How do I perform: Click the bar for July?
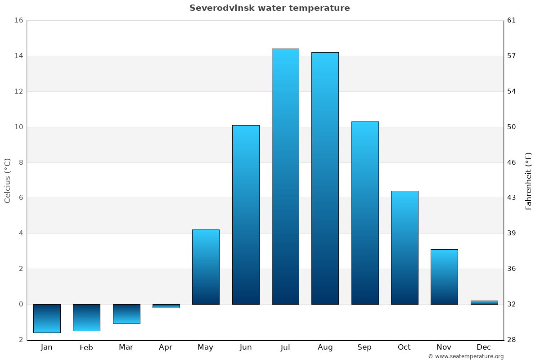pos(285,176)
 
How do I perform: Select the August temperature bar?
pos(325,178)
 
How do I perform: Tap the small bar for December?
pos(484,302)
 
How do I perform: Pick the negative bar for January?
pos(47,318)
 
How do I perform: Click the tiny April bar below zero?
pos(166,306)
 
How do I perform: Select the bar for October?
pos(405,247)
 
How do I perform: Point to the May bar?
pos(206,267)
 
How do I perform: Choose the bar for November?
pos(444,277)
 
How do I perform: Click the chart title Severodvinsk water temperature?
pos(270,8)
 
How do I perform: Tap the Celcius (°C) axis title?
pos(7,180)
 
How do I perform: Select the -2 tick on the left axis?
pos(19,340)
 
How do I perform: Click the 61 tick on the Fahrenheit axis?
pos(512,20)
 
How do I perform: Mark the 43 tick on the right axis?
pos(512,198)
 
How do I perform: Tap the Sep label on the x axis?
pos(364,347)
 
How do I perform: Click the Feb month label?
pos(86,347)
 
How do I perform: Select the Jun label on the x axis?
pos(246,347)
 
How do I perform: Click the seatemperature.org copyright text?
pos(466,356)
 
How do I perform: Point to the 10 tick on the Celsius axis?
pos(18,127)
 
